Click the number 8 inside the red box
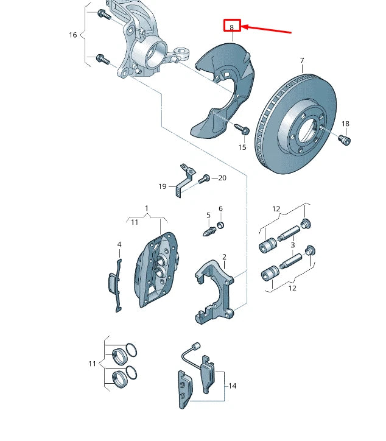(232, 27)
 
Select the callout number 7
(302, 60)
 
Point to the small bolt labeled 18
(345, 141)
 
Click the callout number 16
(73, 35)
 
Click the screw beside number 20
(205, 178)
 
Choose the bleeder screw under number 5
(208, 231)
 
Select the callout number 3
(292, 245)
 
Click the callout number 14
(233, 386)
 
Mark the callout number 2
(224, 257)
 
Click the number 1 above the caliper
(147, 209)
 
